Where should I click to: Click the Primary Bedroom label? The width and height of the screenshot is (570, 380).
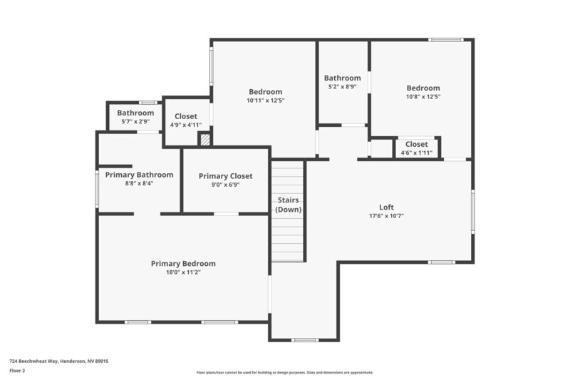(183, 263)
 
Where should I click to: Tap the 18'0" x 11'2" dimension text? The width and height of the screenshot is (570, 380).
(183, 272)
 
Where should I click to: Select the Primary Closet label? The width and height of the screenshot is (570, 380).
(225, 176)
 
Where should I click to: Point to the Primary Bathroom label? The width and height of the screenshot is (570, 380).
(139, 175)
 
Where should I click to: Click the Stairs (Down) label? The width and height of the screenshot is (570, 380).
(289, 205)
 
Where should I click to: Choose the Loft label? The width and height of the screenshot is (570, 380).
(386, 207)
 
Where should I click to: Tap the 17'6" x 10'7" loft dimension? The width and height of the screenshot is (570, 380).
(386, 216)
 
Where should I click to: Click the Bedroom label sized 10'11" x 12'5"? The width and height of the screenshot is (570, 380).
(265, 91)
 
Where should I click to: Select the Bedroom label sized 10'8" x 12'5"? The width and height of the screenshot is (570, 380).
(423, 88)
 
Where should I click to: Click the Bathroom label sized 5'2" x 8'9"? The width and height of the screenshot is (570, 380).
(342, 78)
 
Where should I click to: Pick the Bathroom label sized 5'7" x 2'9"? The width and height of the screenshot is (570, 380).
(135, 113)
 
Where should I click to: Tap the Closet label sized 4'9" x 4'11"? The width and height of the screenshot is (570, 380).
(186, 116)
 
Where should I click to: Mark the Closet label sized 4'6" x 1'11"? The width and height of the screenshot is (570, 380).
(416, 144)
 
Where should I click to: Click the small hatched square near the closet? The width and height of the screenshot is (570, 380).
(204, 140)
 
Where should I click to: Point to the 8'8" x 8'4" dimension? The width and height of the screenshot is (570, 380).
(139, 183)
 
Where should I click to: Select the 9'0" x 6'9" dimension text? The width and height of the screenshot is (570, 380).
(225, 185)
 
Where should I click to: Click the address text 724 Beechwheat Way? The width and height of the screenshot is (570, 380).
(58, 361)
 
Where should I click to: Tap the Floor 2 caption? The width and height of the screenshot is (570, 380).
(17, 371)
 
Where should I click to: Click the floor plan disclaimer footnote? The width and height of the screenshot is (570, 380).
(284, 372)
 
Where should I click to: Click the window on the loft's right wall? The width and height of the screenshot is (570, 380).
(472, 211)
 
